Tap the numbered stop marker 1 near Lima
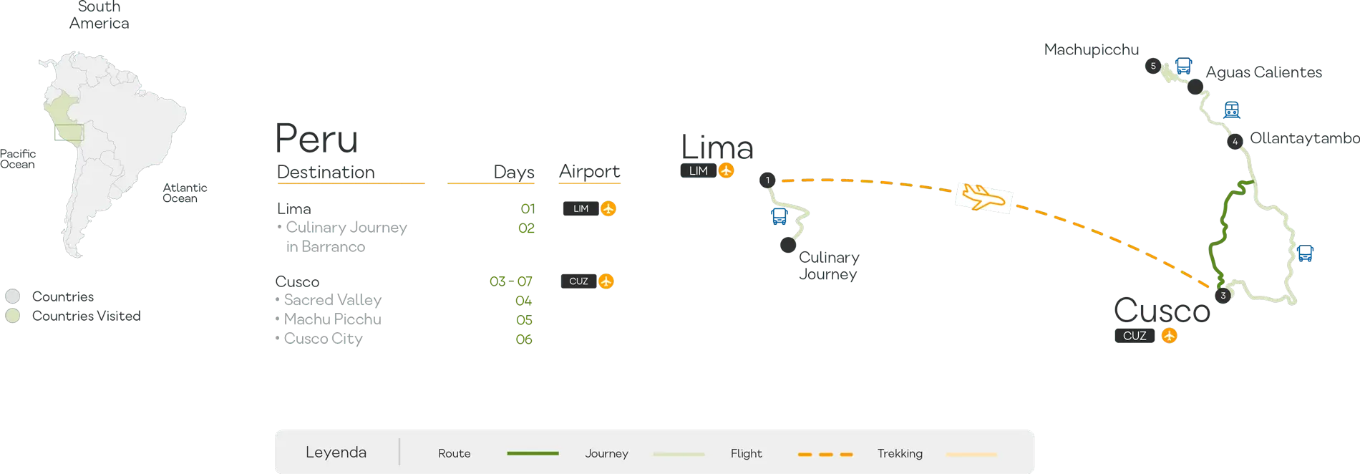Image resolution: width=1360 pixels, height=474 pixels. (x=768, y=180)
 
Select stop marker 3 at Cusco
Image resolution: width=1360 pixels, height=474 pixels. (x=1223, y=295)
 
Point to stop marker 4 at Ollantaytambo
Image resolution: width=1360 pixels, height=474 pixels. (x=1235, y=142)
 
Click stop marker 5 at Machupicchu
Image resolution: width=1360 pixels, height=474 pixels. (x=1152, y=66)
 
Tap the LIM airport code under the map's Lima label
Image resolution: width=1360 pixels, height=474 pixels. (x=699, y=171)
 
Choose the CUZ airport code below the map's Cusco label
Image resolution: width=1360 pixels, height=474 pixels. (x=1135, y=335)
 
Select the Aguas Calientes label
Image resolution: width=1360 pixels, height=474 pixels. (x=1263, y=73)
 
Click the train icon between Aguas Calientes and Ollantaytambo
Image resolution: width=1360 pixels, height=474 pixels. (x=1231, y=109)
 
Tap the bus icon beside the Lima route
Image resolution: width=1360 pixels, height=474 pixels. (x=779, y=215)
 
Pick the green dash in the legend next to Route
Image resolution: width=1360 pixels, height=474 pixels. (x=533, y=453)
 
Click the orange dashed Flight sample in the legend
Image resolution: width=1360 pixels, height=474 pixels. (x=825, y=454)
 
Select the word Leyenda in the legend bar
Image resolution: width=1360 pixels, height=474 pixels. (x=336, y=453)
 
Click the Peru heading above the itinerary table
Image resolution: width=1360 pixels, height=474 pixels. (x=317, y=139)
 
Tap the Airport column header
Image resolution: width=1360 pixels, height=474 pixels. (x=591, y=172)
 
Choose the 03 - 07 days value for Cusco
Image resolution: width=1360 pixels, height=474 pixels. (x=510, y=281)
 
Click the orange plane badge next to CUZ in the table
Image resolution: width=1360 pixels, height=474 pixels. (x=606, y=281)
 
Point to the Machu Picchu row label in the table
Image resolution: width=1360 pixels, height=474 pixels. (x=333, y=319)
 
